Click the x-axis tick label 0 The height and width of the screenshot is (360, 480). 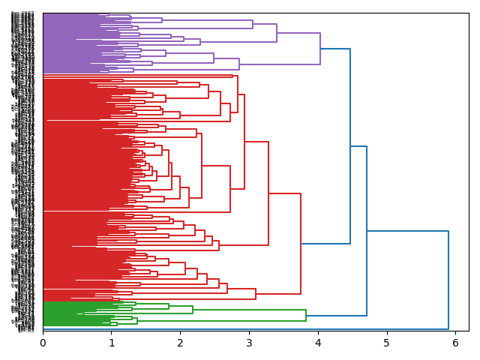tap(43, 343)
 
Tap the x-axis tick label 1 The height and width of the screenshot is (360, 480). tap(112, 343)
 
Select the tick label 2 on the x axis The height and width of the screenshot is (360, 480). tap(180, 343)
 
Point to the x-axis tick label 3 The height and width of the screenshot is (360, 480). tap(249, 343)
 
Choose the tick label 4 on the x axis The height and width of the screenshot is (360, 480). tap(318, 343)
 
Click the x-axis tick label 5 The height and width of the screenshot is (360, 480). tap(387, 343)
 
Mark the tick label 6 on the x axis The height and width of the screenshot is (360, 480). tap(455, 343)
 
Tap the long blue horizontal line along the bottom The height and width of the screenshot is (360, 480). tap(247, 328)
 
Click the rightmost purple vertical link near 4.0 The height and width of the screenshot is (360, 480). tap(320, 49)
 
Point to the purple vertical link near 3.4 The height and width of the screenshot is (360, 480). tap(277, 33)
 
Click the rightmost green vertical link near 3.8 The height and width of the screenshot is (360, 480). tap(306, 315)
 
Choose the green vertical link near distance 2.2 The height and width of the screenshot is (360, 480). tap(193, 310)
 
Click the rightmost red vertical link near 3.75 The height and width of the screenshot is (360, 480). tap(301, 244)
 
